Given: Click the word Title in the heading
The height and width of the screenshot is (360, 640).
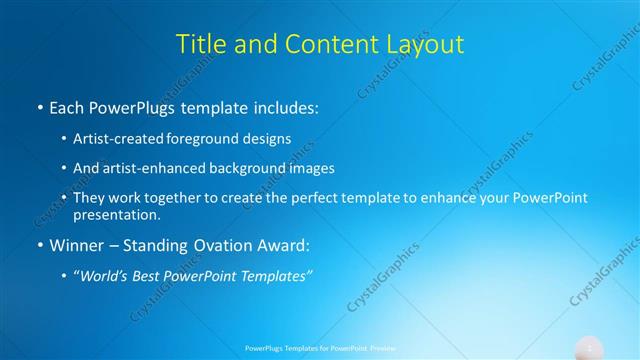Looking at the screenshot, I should [x=200, y=44].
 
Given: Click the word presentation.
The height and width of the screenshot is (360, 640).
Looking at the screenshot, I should [x=116, y=214].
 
